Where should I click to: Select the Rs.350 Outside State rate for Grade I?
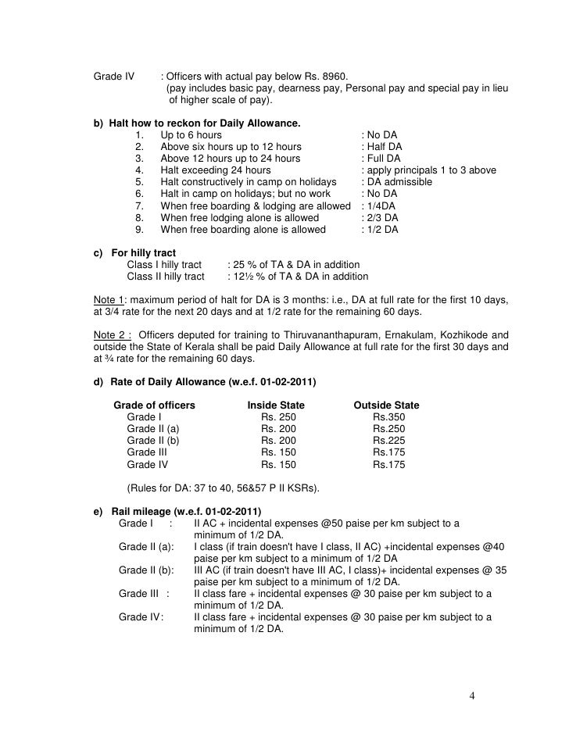point(389,418)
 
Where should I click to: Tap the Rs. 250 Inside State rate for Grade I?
point(279,418)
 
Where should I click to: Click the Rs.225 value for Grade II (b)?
point(389,441)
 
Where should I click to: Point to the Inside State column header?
point(276,406)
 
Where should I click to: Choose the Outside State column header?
point(386,406)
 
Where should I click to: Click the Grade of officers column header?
point(155,406)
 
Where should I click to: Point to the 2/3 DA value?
point(381,217)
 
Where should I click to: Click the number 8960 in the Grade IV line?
point(333,76)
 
